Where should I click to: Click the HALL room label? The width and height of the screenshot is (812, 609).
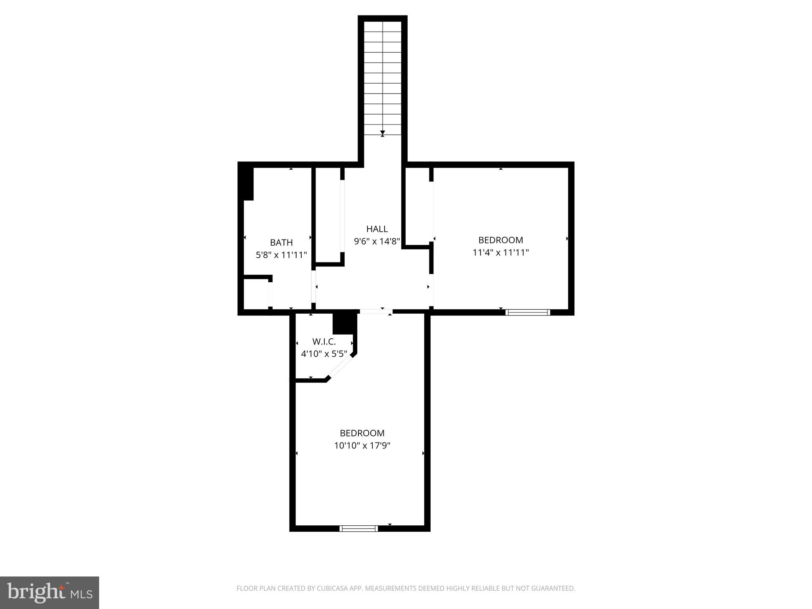pyautogui.click(x=377, y=229)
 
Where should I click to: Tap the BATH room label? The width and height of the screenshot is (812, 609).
pyautogui.click(x=281, y=242)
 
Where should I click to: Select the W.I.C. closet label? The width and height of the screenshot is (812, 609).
pyautogui.click(x=324, y=341)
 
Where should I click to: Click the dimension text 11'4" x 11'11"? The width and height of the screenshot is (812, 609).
pyautogui.click(x=501, y=253)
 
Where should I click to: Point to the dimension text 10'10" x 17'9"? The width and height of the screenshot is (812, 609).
pyautogui.click(x=362, y=446)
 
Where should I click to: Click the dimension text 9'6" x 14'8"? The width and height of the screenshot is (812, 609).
pyautogui.click(x=377, y=241)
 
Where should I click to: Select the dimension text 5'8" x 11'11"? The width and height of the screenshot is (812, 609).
pyautogui.click(x=281, y=255)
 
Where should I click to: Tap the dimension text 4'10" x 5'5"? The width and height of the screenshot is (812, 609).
pyautogui.click(x=324, y=354)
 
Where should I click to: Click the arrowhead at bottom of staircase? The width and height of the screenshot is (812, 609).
pyautogui.click(x=382, y=133)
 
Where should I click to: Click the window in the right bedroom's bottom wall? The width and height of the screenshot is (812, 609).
pyautogui.click(x=528, y=312)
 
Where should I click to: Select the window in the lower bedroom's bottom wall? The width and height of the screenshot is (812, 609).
pyautogui.click(x=358, y=529)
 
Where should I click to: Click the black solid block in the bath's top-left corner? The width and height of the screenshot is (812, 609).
pyautogui.click(x=247, y=184)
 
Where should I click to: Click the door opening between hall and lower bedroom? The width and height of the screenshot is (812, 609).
pyautogui.click(x=375, y=312)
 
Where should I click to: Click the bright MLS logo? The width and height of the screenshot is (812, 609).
pyautogui.click(x=50, y=592)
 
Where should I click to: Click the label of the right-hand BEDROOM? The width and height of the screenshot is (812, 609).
pyautogui.click(x=501, y=240)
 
